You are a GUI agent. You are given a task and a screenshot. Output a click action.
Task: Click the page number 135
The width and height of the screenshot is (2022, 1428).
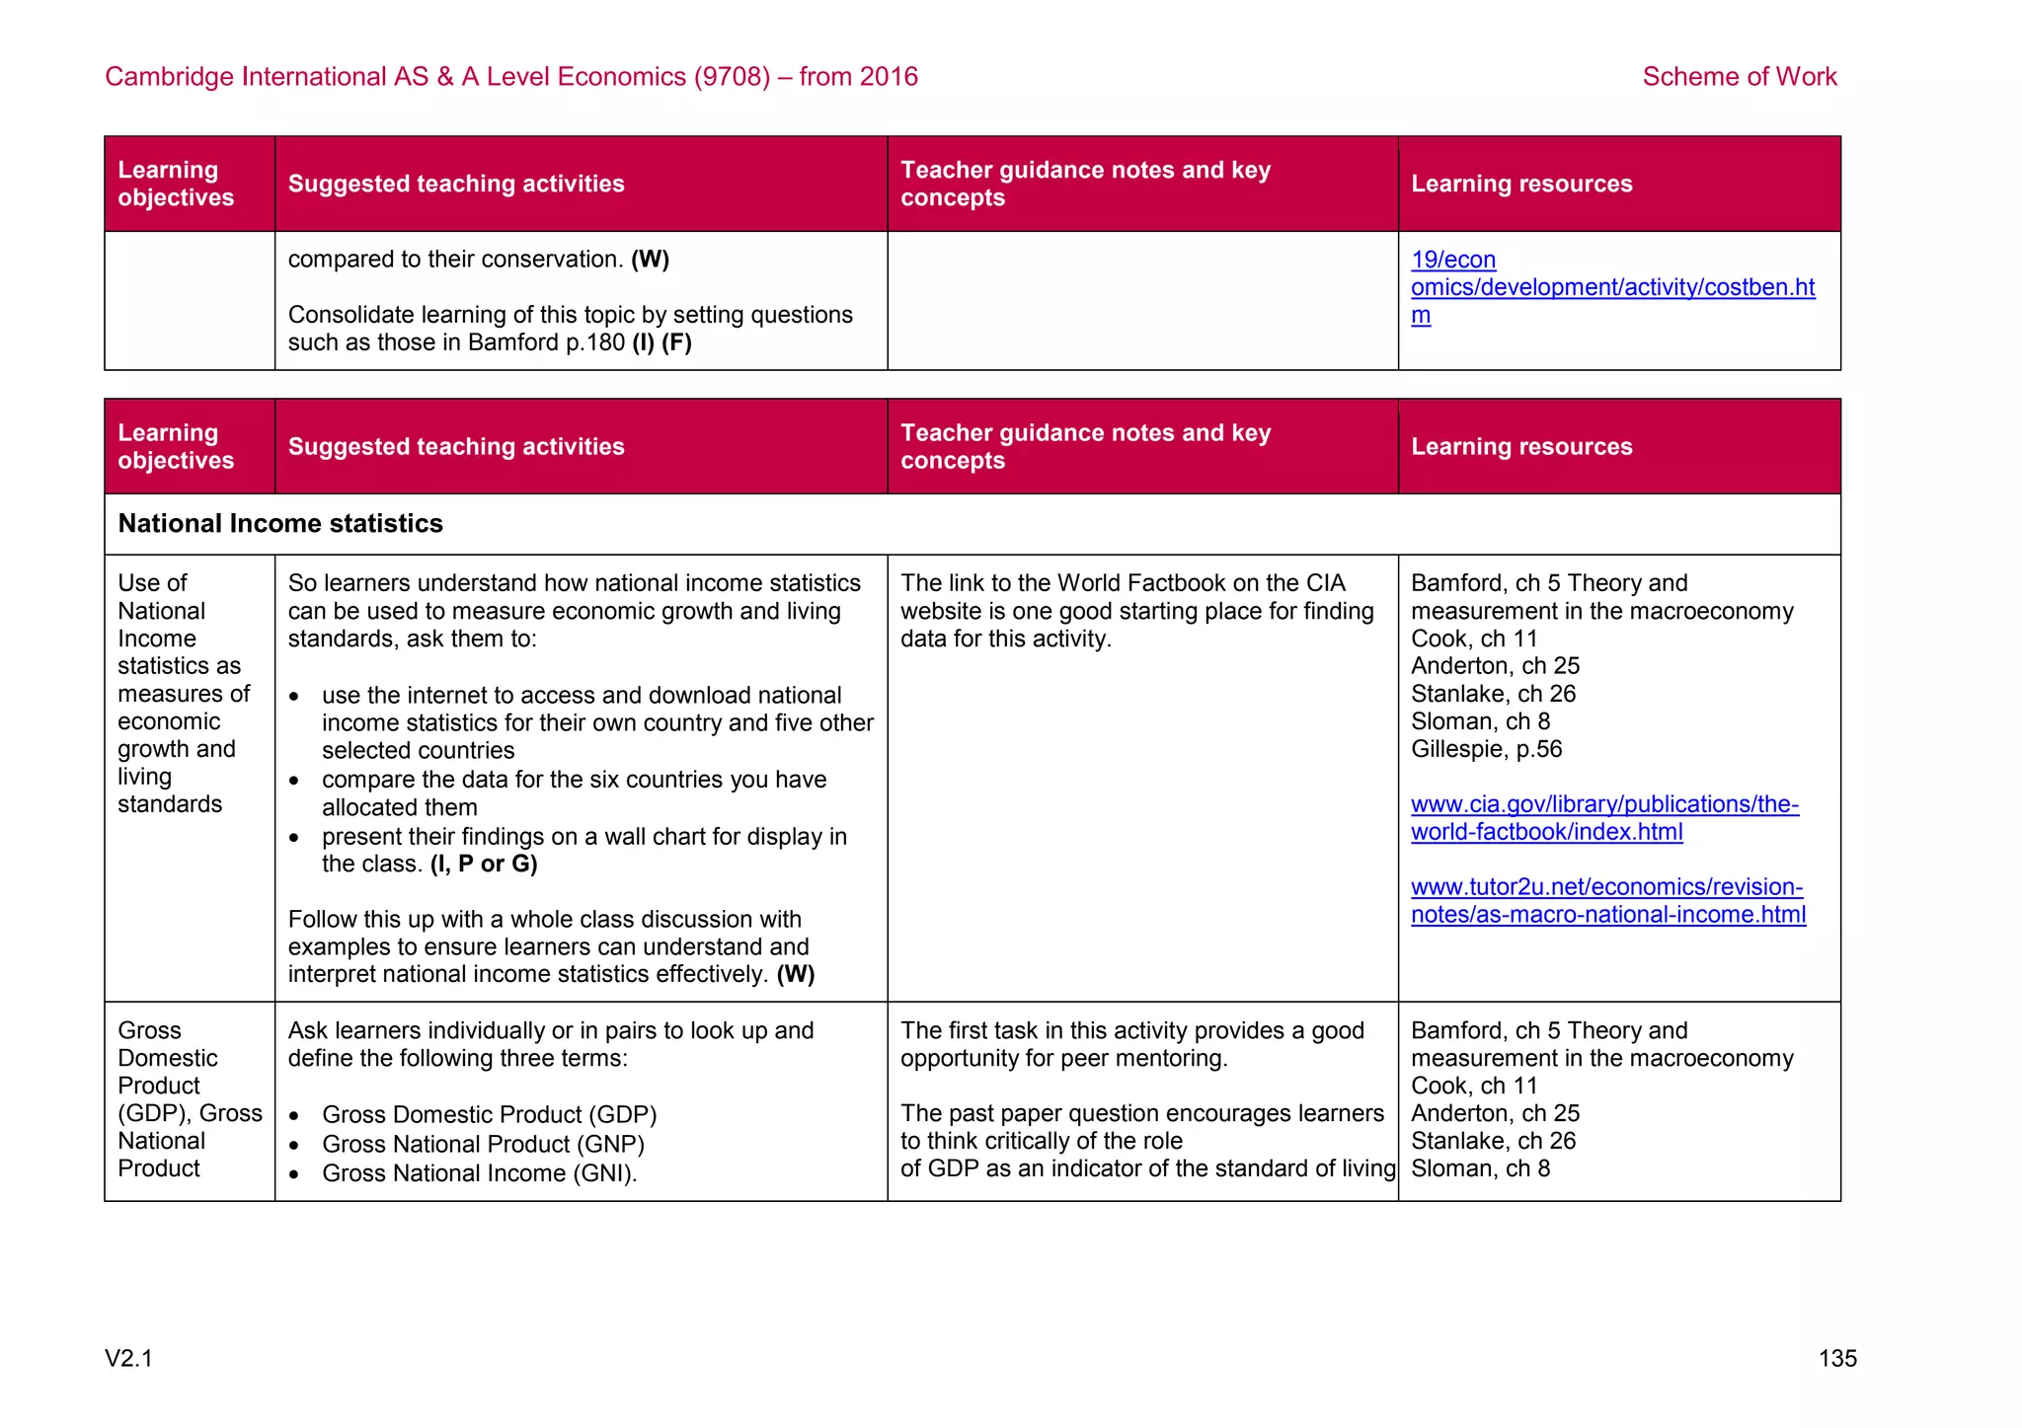pos(1836,1359)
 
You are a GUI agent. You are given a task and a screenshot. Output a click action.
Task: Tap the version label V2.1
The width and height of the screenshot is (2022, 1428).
pos(129,1359)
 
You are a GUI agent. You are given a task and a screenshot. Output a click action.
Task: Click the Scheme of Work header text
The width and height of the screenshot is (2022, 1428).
pos(1739,77)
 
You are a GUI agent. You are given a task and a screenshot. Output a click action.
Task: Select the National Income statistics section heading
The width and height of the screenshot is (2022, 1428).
pos(280,523)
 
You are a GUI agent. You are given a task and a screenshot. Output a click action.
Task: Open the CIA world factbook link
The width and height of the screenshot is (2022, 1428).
pos(1603,818)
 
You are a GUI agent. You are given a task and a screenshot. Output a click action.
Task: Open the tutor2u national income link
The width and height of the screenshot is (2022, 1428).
pos(1607,901)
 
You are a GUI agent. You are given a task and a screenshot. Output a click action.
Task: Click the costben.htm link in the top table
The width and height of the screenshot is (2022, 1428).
pos(1611,287)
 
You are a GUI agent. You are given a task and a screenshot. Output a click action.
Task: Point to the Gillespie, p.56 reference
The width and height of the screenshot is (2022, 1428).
pos(1486,749)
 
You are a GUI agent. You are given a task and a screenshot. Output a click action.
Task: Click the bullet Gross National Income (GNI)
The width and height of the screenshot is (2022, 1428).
pos(479,1173)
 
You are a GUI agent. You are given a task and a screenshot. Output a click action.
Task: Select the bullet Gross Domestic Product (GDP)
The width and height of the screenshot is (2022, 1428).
pos(489,1115)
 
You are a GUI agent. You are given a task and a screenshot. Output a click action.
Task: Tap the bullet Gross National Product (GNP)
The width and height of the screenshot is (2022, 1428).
pos(483,1145)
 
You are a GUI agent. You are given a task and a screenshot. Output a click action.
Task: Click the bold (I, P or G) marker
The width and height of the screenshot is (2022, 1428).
pos(484,864)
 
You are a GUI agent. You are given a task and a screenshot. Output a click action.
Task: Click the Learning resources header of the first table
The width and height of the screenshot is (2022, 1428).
pos(1520,185)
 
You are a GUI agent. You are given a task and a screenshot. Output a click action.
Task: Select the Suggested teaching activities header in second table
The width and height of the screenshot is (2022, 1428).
pos(456,447)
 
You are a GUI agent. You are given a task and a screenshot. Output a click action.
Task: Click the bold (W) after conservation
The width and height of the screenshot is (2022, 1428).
pos(650,260)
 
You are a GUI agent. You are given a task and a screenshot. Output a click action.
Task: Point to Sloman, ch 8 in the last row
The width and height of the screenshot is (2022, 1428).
pos(1480,1168)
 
